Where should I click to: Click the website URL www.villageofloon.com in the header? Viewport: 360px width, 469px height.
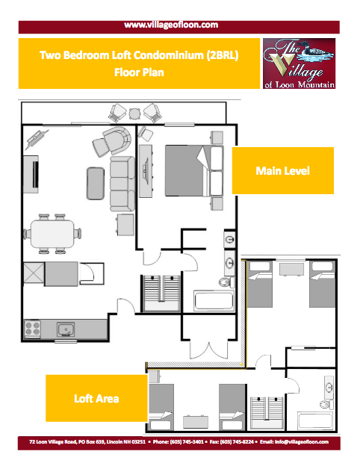pyautogui.click(x=171, y=25)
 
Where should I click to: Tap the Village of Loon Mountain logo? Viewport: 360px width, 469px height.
pyautogui.click(x=299, y=63)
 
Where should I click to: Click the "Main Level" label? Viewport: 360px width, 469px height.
pyautogui.click(x=283, y=171)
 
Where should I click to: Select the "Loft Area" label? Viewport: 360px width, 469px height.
pyautogui.click(x=96, y=399)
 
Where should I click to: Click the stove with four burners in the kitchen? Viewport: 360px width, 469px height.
pyautogui.click(x=33, y=329)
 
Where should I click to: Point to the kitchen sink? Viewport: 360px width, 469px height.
pyautogui.click(x=66, y=329)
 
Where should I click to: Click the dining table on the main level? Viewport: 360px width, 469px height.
pyautogui.click(x=53, y=234)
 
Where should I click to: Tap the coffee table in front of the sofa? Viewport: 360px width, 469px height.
pyautogui.click(x=96, y=183)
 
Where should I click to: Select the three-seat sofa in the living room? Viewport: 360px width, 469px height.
pyautogui.click(x=122, y=184)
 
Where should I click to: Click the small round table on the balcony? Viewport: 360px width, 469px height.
pyautogui.click(x=134, y=114)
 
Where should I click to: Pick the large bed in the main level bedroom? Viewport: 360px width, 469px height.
pyautogui.click(x=194, y=171)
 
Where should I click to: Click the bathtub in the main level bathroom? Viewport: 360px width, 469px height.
pyautogui.click(x=214, y=300)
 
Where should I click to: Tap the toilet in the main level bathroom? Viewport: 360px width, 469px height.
pyautogui.click(x=226, y=282)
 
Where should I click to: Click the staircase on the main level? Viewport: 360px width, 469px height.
pyautogui.click(x=162, y=293)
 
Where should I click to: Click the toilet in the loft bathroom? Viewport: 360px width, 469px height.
pyautogui.click(x=326, y=405)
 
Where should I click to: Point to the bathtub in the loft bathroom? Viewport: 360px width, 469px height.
pyautogui.click(x=314, y=420)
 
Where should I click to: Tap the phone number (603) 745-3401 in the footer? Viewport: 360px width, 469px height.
pyautogui.click(x=179, y=442)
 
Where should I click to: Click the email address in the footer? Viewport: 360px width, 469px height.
pyautogui.click(x=294, y=442)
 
